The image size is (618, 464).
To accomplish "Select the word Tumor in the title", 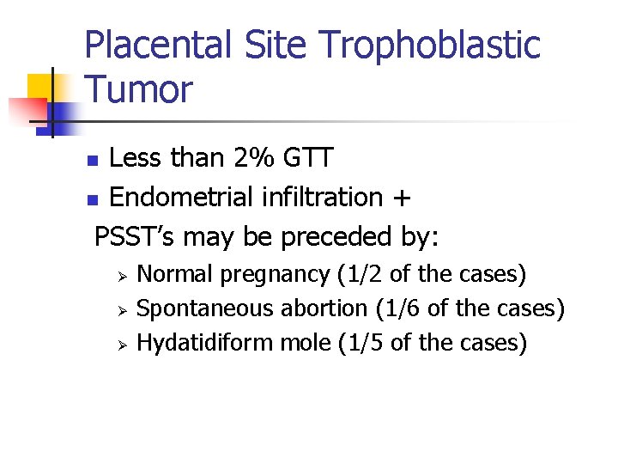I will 139,89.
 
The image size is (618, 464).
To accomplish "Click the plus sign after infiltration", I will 401,198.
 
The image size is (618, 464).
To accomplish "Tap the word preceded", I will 339,235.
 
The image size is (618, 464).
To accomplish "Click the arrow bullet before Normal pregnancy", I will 122,276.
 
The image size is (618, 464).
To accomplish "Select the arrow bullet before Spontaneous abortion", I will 122,309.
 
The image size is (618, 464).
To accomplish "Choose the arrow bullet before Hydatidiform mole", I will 122,345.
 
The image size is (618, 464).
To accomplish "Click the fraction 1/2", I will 362,274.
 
